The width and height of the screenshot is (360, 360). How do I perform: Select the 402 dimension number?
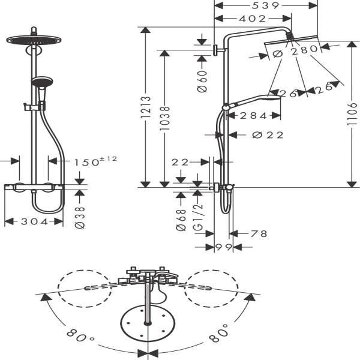pyautogui.click(x=252, y=19)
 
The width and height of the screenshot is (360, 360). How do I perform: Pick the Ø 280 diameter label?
pyautogui.click(x=295, y=52)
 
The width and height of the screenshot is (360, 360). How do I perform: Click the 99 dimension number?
pyautogui.click(x=224, y=248)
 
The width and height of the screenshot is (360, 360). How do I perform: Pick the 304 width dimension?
pyautogui.click(x=34, y=221)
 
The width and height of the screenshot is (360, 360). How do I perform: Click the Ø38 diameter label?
pyautogui.click(x=81, y=217)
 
